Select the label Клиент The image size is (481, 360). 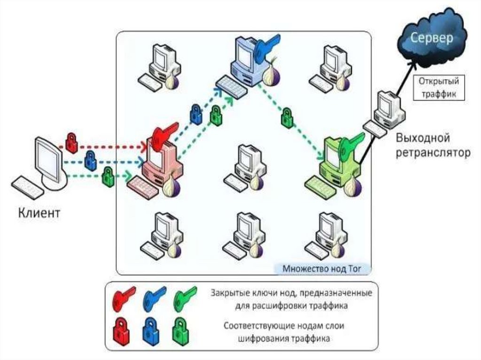coord(39,214)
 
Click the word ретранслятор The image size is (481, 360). coord(433,153)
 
